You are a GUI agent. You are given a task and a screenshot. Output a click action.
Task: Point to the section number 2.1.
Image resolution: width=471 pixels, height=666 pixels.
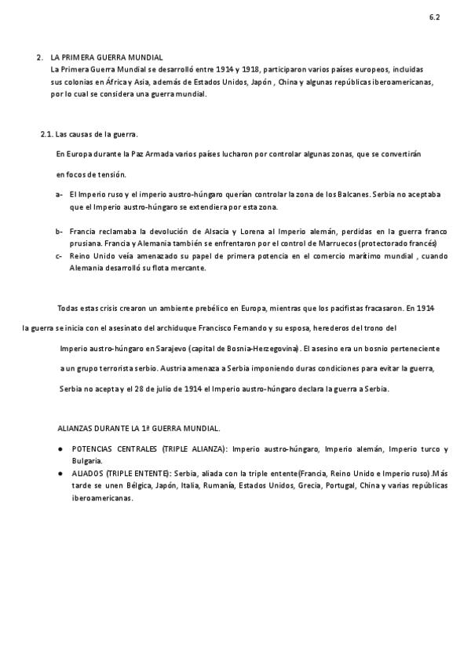(x=46, y=134)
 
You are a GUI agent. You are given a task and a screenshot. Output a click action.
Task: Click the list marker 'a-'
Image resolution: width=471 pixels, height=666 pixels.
(x=60, y=193)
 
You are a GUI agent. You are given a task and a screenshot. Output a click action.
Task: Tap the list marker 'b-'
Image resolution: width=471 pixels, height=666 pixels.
(x=60, y=232)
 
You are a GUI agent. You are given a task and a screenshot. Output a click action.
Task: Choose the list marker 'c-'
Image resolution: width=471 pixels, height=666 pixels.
(x=60, y=256)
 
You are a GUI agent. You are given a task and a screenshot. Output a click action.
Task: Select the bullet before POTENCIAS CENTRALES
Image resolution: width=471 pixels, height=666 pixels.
(x=60, y=449)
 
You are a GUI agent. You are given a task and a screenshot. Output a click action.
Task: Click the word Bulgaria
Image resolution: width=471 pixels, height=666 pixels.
(x=87, y=461)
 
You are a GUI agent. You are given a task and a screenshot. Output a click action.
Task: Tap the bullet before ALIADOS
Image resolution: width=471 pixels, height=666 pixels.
(x=60, y=474)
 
